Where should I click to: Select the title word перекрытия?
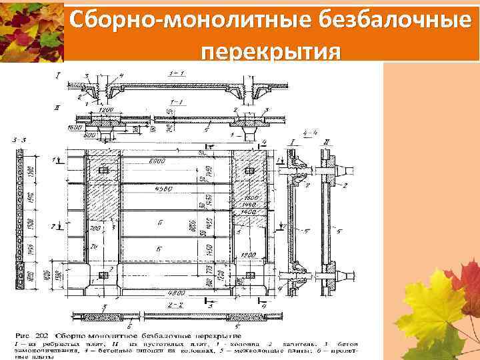269,52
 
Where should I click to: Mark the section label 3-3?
19,139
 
